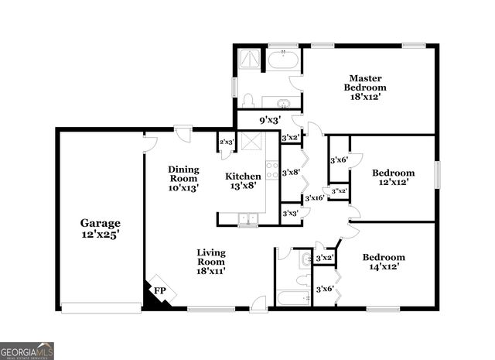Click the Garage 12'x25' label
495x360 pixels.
coord(101,228)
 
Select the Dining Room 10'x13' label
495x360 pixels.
coord(184,178)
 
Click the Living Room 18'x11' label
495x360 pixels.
coord(210,262)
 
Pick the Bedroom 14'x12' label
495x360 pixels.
coord(384,262)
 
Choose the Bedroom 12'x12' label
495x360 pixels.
coord(393,177)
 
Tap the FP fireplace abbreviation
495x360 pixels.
coord(160,290)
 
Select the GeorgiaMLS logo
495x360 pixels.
coord(27,351)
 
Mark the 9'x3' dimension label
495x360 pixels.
coord(268,120)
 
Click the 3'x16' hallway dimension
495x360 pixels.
coord(314,198)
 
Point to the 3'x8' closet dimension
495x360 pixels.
coord(291,173)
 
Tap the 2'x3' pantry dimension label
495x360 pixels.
coord(227,142)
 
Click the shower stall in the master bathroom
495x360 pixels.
coord(250,60)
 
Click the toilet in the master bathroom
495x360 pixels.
coord(248,100)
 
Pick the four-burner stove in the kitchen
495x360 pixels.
coord(272,170)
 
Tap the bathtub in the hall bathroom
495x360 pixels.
coord(293,298)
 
